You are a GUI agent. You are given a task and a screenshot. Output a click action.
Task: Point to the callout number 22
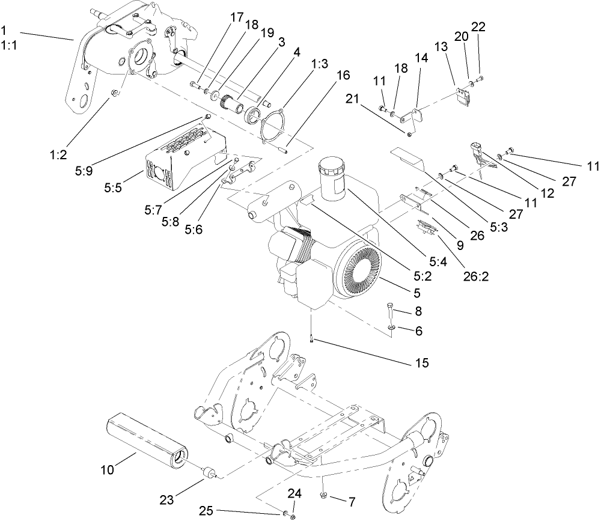point(478,28)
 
